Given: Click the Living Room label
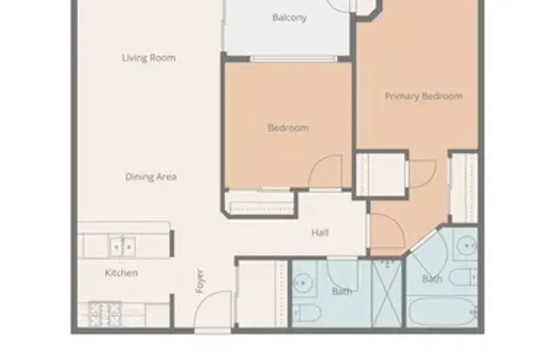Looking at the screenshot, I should click(x=149, y=58).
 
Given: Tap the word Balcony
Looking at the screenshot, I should click(x=289, y=18).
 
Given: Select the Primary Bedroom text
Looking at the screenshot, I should click(x=424, y=96).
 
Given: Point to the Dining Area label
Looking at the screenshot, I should click(x=151, y=177).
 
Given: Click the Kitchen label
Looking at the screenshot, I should click(x=121, y=273).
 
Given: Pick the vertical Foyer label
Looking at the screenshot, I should click(x=200, y=282).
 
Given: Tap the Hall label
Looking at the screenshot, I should click(x=320, y=233).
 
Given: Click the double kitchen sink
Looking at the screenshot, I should click(x=122, y=247).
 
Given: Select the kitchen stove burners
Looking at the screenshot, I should click(x=104, y=313).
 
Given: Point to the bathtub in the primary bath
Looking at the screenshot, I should click(x=441, y=312).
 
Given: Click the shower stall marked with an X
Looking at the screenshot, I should click(x=386, y=291).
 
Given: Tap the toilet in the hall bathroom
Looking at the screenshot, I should click(x=309, y=314).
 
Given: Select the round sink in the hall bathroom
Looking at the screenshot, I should click(x=303, y=280).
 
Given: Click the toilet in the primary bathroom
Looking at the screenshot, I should click(x=462, y=277).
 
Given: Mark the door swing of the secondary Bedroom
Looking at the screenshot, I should click(x=325, y=173).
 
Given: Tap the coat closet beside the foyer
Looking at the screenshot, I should click(x=260, y=291).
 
